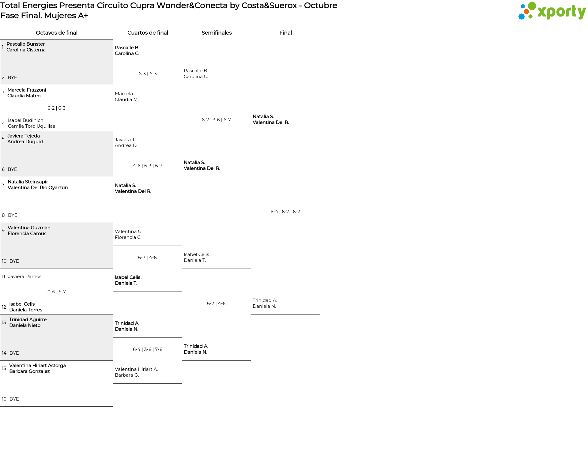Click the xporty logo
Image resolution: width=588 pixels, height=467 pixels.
coord(552,11)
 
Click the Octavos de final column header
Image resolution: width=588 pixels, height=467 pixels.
coord(57,33)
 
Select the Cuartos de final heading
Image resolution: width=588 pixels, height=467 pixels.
coord(148,33)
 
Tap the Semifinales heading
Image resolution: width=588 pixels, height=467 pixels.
coord(217,33)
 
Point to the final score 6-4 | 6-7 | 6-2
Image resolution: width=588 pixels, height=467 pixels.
coord(285,212)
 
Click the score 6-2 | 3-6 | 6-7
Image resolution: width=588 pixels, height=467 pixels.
coord(216,120)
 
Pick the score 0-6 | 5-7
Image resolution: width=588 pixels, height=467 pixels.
coord(57,292)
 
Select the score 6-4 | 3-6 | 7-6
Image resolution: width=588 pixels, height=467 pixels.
coord(148,349)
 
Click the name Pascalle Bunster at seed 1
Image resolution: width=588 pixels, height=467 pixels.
coord(26,44)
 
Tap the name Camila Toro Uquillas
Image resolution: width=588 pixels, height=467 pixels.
coord(32,126)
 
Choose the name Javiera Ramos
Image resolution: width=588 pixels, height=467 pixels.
coord(25,277)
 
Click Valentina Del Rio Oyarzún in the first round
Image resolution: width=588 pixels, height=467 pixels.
coord(38,188)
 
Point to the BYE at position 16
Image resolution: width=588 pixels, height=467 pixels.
coord(14,399)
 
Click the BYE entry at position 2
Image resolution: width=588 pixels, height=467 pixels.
coord(12,77)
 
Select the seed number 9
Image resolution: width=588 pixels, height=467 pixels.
coord(3,231)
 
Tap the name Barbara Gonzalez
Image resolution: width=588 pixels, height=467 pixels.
coord(29,371)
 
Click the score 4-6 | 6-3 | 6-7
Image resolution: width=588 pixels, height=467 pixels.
coord(148,166)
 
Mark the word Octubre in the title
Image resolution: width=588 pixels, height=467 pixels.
coord(321,6)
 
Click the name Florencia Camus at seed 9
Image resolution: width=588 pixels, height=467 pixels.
coord(27,234)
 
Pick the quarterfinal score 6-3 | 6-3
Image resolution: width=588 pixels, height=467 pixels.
coord(148,74)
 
